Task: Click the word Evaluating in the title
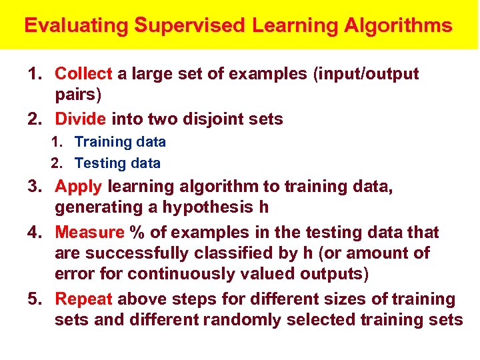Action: pyautogui.click(x=75, y=26)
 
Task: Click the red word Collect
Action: pyautogui.click(x=83, y=73)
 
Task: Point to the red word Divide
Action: pyautogui.click(x=81, y=119)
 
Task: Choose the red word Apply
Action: pyautogui.click(x=79, y=186)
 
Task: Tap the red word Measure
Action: pyautogui.click(x=89, y=232)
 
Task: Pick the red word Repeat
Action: pyautogui.click(x=85, y=299)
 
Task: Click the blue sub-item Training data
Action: pyautogui.click(x=120, y=142)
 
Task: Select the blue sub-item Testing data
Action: pyautogui.click(x=117, y=163)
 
